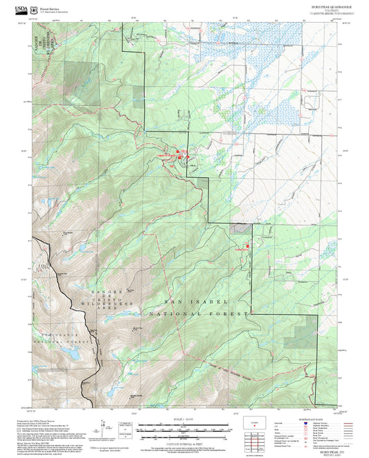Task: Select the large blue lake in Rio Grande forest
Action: click(x=70, y=354)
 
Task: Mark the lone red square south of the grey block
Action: click(x=246, y=244)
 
